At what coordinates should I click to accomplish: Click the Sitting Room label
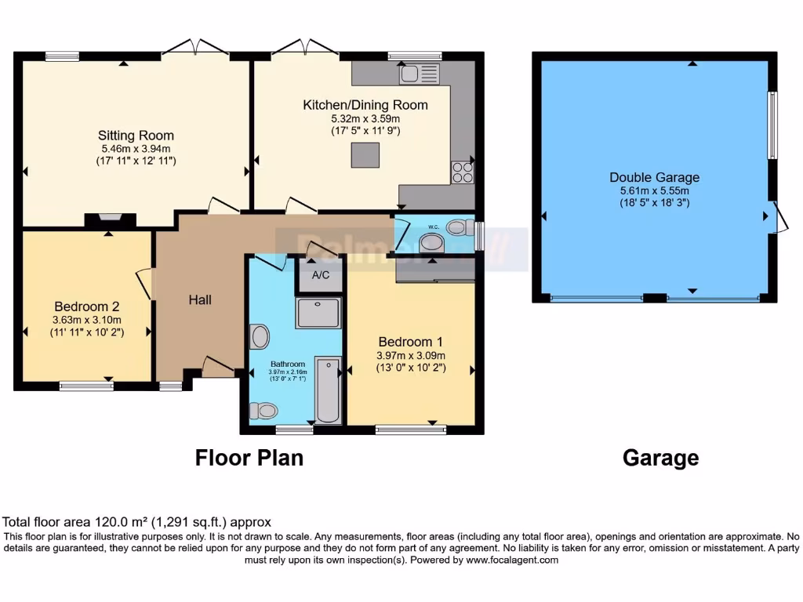pyautogui.click(x=136, y=136)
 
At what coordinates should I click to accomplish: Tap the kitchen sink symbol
pyautogui.click(x=420, y=74)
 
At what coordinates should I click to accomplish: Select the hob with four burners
pyautogui.click(x=463, y=172)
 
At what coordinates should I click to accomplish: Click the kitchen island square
pyautogui.click(x=365, y=154)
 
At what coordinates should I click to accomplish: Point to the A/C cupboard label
pyautogui.click(x=320, y=275)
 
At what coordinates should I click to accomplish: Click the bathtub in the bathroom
pyautogui.click(x=328, y=390)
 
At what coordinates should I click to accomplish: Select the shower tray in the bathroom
pyautogui.click(x=318, y=313)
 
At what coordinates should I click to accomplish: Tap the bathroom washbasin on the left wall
pyautogui.click(x=260, y=337)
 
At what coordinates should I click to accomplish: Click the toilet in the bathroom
pyautogui.click(x=263, y=410)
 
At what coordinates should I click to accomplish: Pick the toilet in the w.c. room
pyautogui.click(x=458, y=227)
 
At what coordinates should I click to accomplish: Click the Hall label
pyautogui.click(x=200, y=299)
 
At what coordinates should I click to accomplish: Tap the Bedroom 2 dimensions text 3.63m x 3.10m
pyautogui.click(x=87, y=320)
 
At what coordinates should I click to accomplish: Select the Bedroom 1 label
pyautogui.click(x=411, y=342)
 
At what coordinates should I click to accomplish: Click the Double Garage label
pyautogui.click(x=654, y=177)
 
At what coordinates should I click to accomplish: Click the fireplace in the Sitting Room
pyautogui.click(x=110, y=220)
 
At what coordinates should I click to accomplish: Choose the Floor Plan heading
pyautogui.click(x=249, y=458)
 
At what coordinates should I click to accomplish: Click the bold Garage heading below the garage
pyautogui.click(x=660, y=458)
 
